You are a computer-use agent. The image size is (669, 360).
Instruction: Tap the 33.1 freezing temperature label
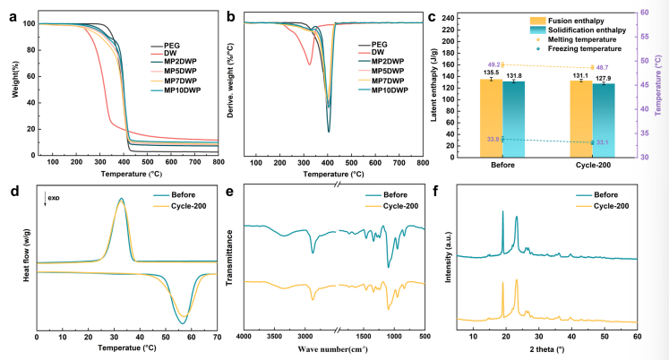pos(602,142)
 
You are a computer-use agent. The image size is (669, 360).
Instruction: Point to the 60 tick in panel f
pos(637,337)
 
